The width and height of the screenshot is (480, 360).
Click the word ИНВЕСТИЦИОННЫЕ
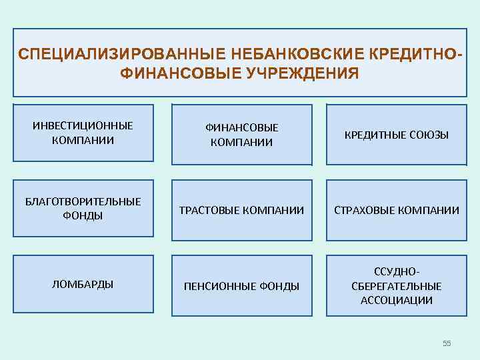83,125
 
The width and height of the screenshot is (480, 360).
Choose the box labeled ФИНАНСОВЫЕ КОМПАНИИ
241,134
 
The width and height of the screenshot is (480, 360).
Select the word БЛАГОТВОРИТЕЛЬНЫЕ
83,201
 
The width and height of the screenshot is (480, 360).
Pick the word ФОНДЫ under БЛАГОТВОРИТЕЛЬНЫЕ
83,215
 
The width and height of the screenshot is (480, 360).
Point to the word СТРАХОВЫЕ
365,210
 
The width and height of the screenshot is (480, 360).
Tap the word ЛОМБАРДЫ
83,284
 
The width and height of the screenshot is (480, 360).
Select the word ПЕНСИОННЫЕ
217,286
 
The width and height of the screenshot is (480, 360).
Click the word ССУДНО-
397,271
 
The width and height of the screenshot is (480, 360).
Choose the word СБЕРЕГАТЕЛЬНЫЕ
397,286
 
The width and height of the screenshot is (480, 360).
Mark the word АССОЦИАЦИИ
397,300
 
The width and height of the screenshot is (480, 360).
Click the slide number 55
447,343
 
